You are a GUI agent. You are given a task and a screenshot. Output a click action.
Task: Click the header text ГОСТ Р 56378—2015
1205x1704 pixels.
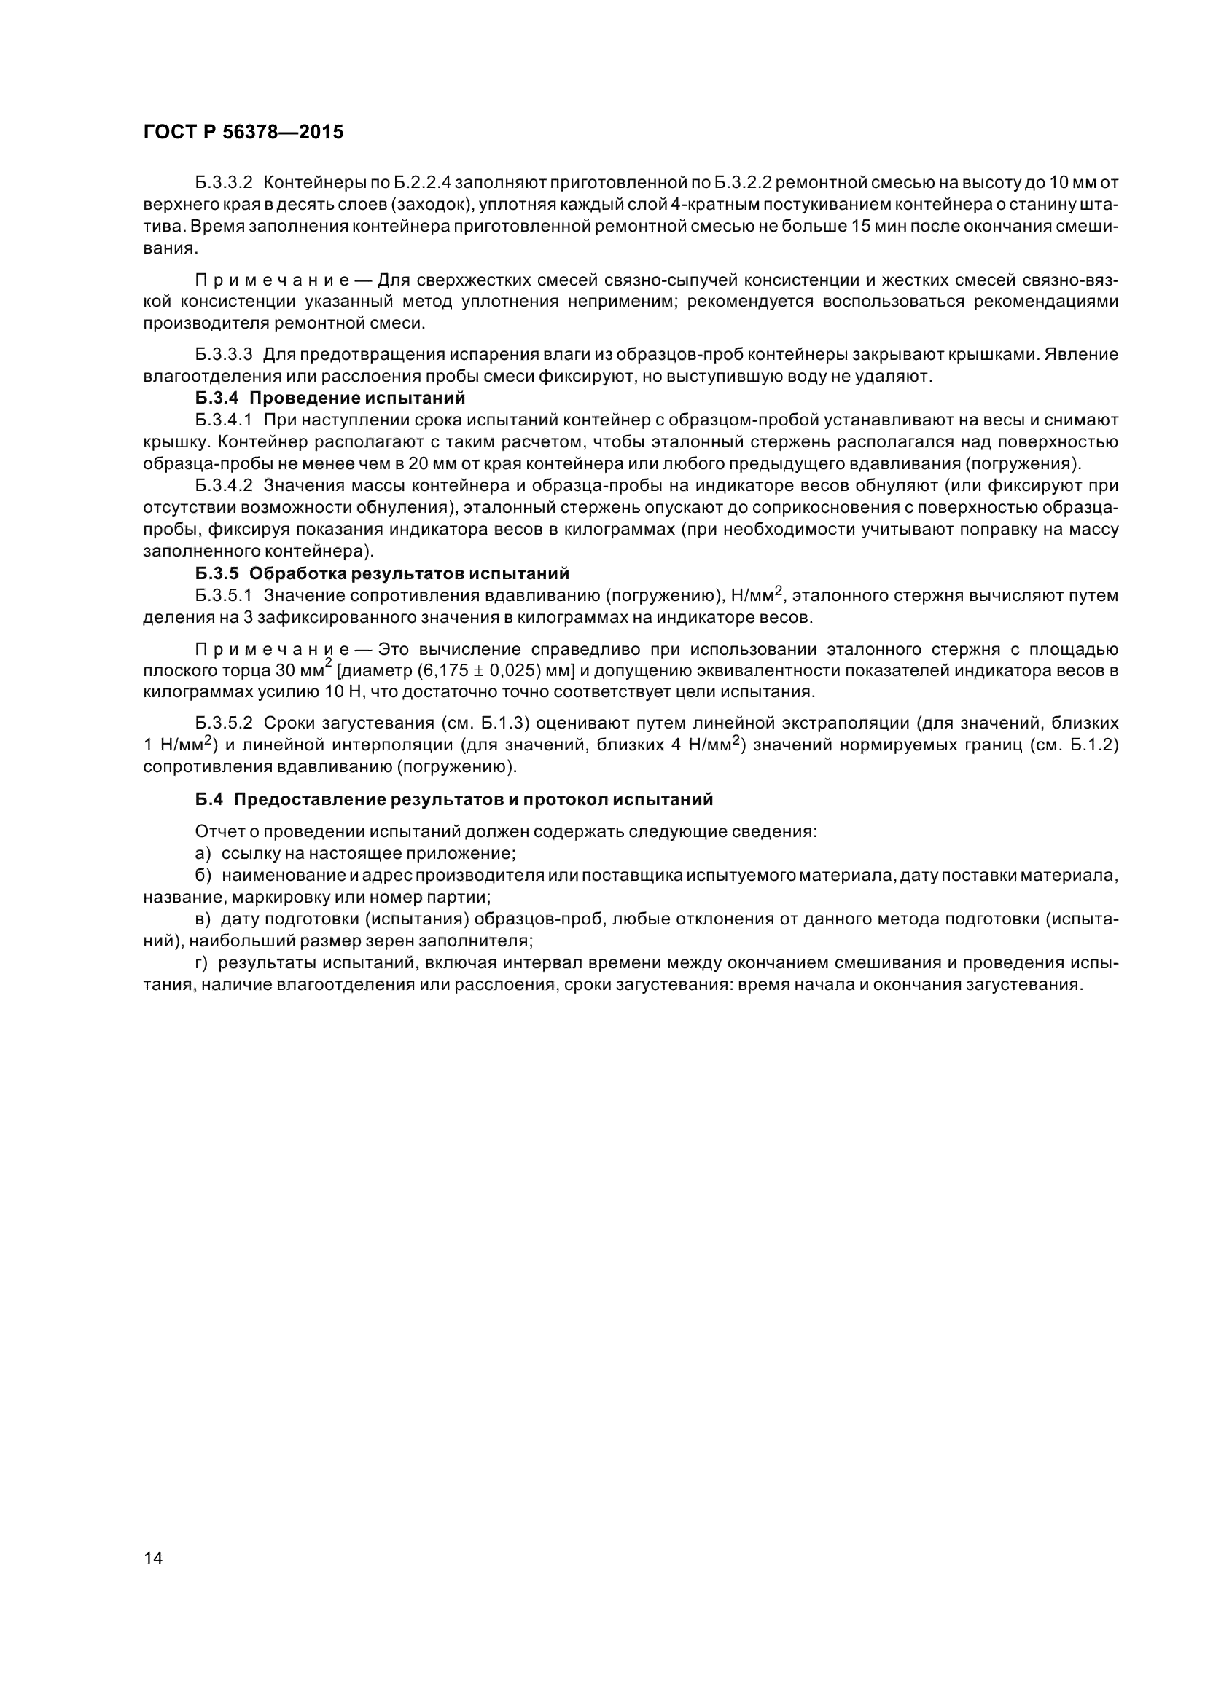point(243,132)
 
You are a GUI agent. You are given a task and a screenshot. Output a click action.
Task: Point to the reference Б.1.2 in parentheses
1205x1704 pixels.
point(1093,745)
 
